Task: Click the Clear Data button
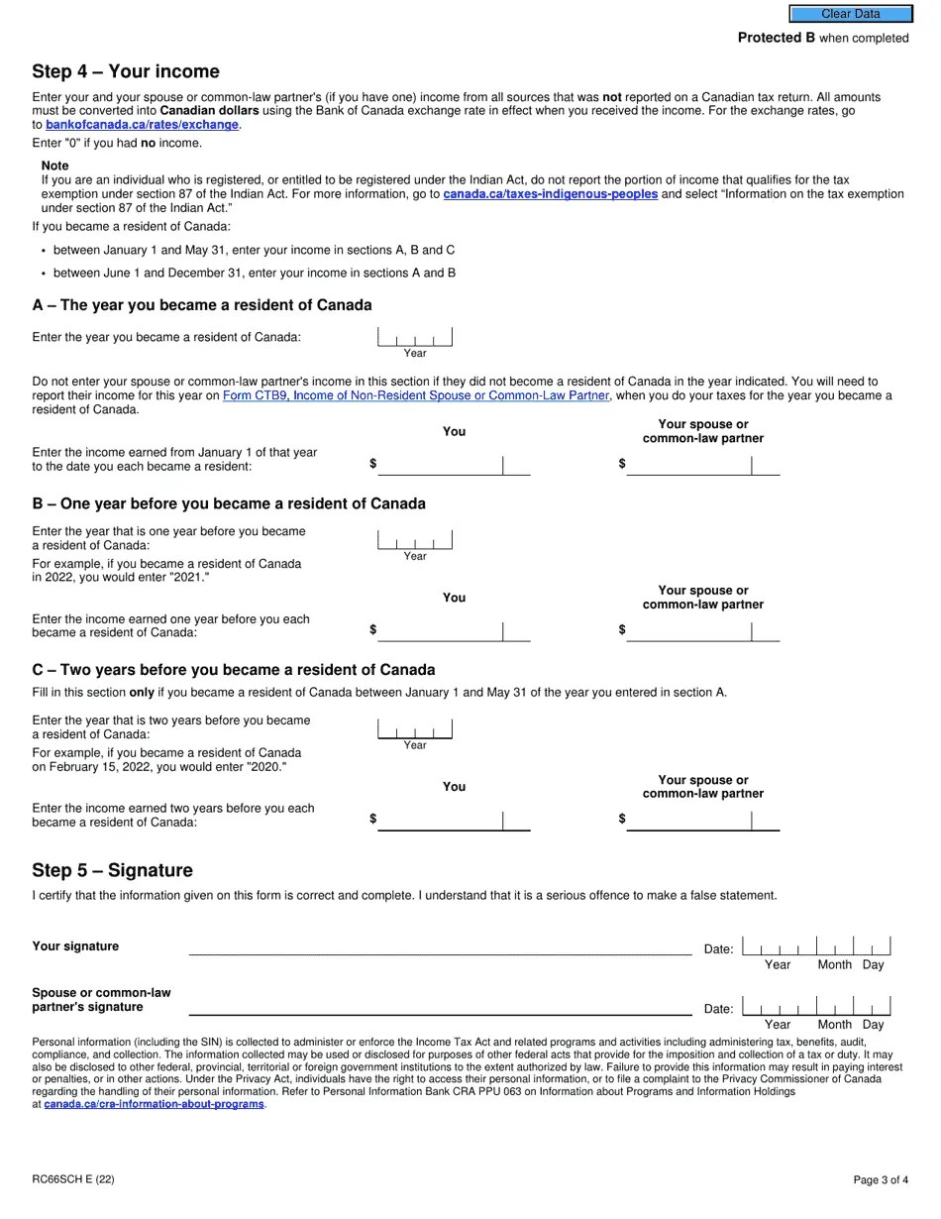(850, 14)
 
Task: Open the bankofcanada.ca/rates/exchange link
(142, 125)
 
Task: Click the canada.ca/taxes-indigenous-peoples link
(550, 194)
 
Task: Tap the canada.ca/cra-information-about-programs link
(154, 1104)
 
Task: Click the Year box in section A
(415, 338)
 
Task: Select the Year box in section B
(415, 540)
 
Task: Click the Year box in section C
(415, 730)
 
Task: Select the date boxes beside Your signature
(816, 946)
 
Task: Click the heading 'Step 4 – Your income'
(126, 71)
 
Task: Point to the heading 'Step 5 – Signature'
(112, 870)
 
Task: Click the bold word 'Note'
(55, 166)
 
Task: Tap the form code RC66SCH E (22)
(72, 1179)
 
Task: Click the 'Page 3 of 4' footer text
(881, 1179)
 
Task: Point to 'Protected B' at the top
(770, 38)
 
